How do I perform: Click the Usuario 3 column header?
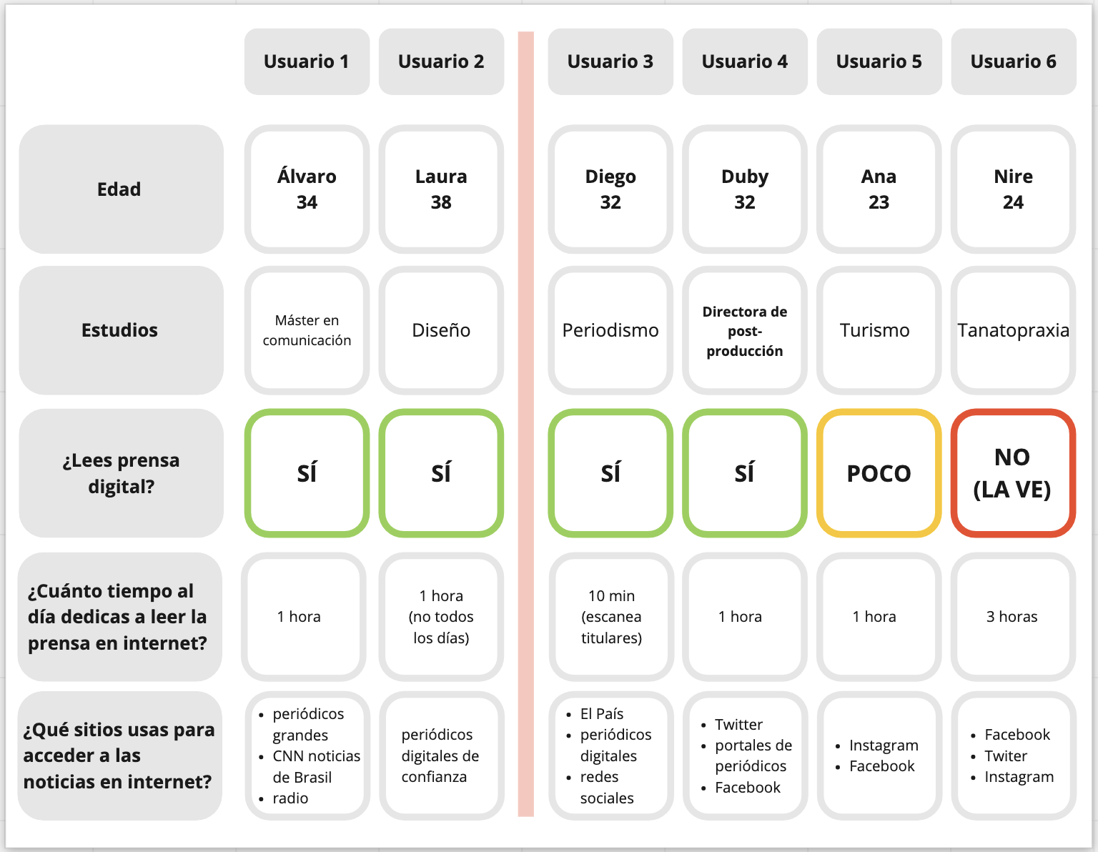click(610, 61)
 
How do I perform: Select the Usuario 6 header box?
click(1013, 61)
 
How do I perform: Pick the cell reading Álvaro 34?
click(307, 189)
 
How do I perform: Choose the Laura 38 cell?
click(441, 189)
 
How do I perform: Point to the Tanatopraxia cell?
click(1013, 330)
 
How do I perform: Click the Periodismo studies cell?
click(610, 330)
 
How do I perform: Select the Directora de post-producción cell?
click(745, 330)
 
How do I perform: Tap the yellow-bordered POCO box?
click(879, 473)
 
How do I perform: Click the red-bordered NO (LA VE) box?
click(1013, 473)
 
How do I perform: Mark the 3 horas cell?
click(1013, 617)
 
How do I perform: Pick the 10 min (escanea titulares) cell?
click(611, 617)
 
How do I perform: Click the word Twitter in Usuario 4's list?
click(738, 725)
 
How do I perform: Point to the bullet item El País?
click(601, 713)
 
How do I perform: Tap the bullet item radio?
click(290, 798)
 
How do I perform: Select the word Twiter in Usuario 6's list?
click(1006, 756)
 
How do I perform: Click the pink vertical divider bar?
click(526, 424)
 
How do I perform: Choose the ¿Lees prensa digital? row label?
click(121, 473)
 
